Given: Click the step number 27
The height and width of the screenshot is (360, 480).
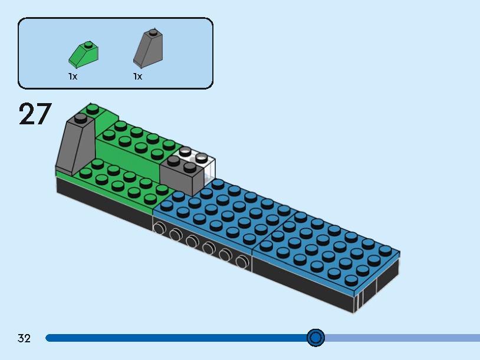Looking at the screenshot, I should (x=35, y=114).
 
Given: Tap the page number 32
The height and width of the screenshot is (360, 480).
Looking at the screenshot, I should (x=24, y=338).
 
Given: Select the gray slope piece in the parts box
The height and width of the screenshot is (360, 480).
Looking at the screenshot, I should (x=148, y=49).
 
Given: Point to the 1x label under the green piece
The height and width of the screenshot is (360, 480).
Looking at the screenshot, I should (x=73, y=77).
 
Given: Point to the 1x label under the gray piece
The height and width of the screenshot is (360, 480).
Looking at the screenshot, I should (x=137, y=77).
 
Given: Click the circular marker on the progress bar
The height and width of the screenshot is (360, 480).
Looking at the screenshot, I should (x=316, y=338).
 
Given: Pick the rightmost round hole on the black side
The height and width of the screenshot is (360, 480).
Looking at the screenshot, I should (x=241, y=261).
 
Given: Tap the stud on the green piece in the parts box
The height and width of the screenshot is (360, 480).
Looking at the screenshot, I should (x=87, y=44).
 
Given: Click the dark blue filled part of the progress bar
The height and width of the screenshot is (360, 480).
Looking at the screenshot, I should (x=177, y=338).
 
